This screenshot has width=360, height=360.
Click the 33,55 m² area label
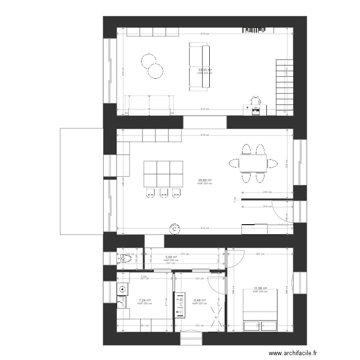click(205, 70)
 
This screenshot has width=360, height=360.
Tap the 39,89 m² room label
click(205, 180)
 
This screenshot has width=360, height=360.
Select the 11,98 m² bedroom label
click(260, 288)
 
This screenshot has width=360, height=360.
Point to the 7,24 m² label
click(144, 300)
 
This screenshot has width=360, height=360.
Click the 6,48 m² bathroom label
click(199, 300)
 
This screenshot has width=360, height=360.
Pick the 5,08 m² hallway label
click(171, 257)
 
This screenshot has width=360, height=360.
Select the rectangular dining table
click(253, 164)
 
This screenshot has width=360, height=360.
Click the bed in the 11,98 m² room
click(260, 310)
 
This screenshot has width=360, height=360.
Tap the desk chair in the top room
click(256, 100)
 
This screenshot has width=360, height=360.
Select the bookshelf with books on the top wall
click(254, 30)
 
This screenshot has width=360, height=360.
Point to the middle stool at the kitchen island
click(164, 193)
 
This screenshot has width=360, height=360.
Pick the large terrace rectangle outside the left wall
click(82, 181)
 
